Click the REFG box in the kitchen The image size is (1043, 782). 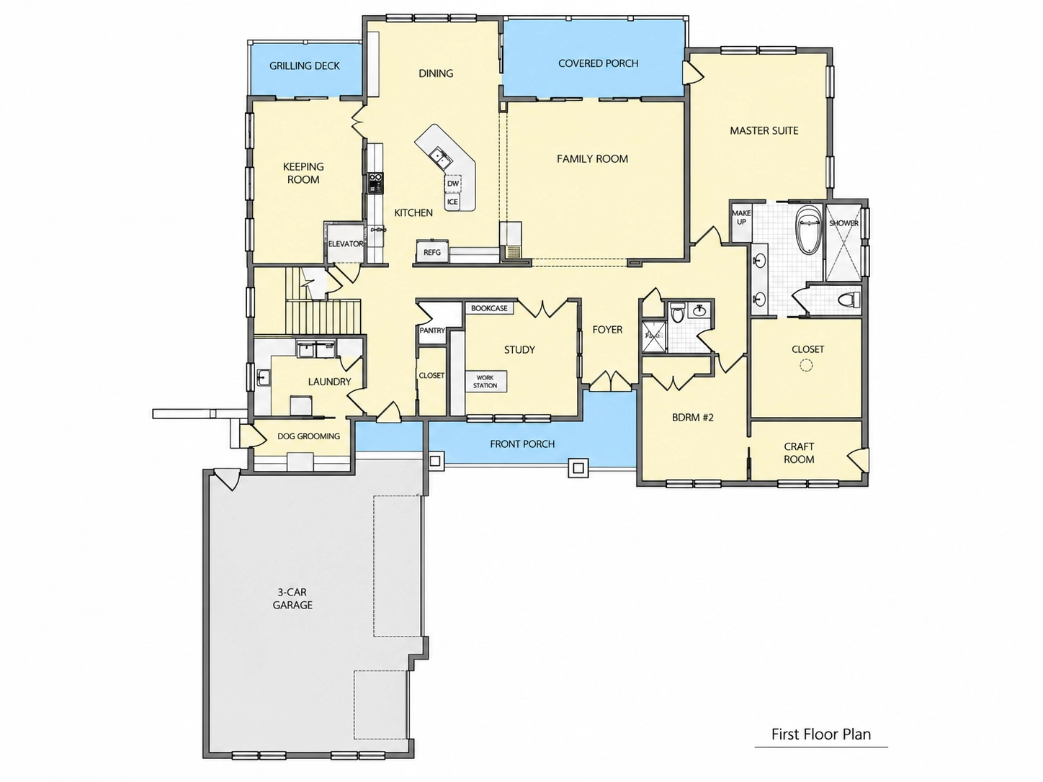tap(432, 251)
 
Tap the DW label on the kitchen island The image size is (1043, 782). tap(453, 184)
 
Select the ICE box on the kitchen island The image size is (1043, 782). tap(452, 202)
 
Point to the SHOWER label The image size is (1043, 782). tap(843, 223)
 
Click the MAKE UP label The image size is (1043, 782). tap(741, 217)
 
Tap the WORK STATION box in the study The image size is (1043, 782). tap(485, 381)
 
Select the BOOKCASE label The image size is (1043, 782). tap(489, 308)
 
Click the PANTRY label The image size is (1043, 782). tap(432, 331)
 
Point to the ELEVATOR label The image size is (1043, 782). tap(346, 243)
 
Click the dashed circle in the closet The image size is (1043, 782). tap(806, 365)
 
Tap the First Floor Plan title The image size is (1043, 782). tap(821, 734)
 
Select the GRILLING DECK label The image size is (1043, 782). tap(305, 66)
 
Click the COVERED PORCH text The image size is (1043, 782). tap(599, 63)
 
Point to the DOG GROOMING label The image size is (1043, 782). tap(308, 436)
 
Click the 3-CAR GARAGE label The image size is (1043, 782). tap(292, 598)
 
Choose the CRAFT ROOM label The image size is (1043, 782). tap(799, 453)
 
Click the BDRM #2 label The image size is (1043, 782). tap(693, 418)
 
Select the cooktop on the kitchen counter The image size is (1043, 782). tap(375, 183)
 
